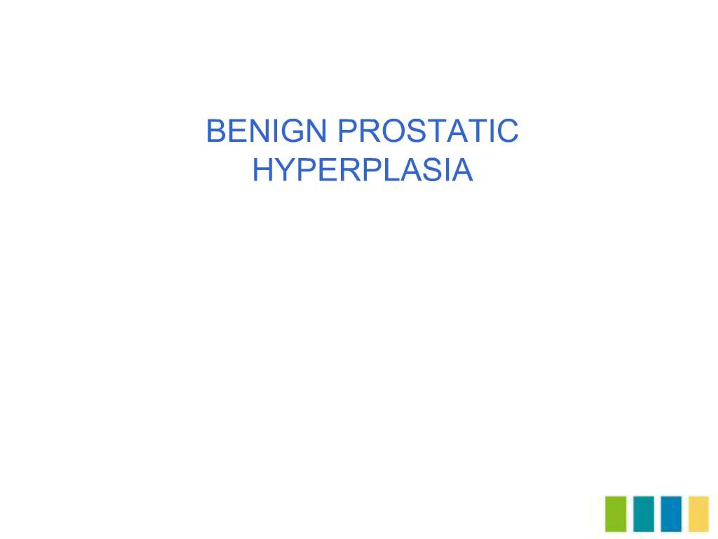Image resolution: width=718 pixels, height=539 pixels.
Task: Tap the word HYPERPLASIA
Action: click(x=363, y=170)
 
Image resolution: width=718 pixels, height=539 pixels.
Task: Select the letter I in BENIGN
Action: click(x=275, y=131)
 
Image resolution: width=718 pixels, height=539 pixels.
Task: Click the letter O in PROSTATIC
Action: click(x=394, y=131)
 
